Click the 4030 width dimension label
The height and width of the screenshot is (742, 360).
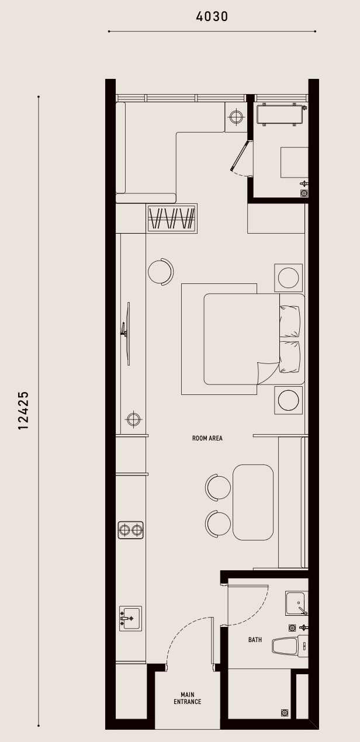tap(212, 16)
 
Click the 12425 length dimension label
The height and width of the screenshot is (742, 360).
tap(23, 411)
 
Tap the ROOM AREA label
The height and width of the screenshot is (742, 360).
tap(207, 438)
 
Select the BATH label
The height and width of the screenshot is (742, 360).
tap(255, 640)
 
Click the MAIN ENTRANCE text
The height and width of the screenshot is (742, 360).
tap(187, 698)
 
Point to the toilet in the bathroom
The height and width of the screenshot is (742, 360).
tap(290, 647)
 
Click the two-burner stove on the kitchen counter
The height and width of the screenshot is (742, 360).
tap(131, 530)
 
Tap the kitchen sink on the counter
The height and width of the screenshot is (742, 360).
tap(130, 619)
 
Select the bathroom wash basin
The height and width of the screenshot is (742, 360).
tap(297, 603)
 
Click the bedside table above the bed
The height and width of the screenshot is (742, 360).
tap(288, 278)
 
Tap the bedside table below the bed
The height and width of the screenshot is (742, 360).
tap(288, 400)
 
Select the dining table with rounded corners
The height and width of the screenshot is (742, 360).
tap(253, 502)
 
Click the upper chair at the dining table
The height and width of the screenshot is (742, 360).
tap(218, 488)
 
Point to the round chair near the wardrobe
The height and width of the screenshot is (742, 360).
tap(161, 272)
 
